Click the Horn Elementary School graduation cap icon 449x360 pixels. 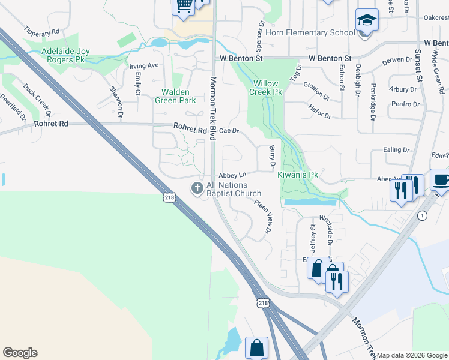366,20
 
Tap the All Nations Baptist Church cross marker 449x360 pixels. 197,188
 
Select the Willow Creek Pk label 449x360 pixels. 267,88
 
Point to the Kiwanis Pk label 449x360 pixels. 297,175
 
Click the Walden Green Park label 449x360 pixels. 179,96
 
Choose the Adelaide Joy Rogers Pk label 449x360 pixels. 65,56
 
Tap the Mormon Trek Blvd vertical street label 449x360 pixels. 212,105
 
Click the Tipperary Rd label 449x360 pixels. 42,30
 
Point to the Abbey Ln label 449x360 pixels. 233,175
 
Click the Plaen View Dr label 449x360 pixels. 262,217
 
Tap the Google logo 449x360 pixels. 20,353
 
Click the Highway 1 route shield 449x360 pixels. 424,215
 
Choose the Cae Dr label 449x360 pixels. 229,130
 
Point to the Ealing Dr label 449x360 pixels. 397,150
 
